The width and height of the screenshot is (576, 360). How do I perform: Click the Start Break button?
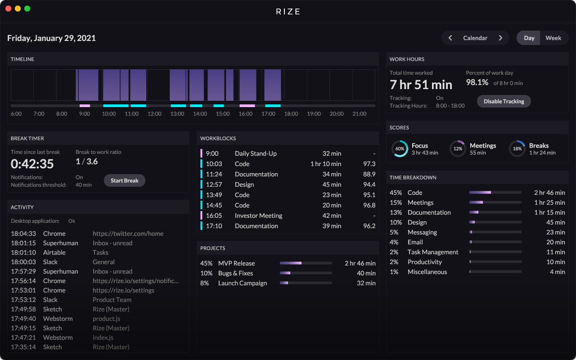point(125,180)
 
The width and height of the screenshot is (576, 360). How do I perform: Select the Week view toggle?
point(553,38)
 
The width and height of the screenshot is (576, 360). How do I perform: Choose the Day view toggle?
point(529,38)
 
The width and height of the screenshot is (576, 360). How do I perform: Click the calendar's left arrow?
point(450,38)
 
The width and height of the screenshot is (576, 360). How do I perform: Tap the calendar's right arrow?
point(500,38)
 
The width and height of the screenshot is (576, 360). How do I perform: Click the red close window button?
point(8,9)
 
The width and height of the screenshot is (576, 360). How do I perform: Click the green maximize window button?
point(27,9)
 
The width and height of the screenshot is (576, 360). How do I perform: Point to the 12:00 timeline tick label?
point(154,114)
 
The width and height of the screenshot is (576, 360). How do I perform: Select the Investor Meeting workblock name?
point(258,216)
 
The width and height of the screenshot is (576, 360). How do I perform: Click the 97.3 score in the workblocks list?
point(369,164)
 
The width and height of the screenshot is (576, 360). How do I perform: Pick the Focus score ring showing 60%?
point(400,148)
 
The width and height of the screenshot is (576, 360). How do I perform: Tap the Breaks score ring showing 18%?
point(517,148)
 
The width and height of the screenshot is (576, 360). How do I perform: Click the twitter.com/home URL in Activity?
point(128,234)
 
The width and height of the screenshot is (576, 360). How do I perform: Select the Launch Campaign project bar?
point(306,283)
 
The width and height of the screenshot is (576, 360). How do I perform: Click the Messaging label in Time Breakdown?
point(422,232)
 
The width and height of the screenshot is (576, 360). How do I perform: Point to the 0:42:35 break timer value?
point(32,164)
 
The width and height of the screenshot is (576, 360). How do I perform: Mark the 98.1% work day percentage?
point(477,82)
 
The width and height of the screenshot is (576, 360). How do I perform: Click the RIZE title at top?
point(288,12)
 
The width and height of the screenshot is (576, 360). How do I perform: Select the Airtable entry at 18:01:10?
point(54,252)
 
